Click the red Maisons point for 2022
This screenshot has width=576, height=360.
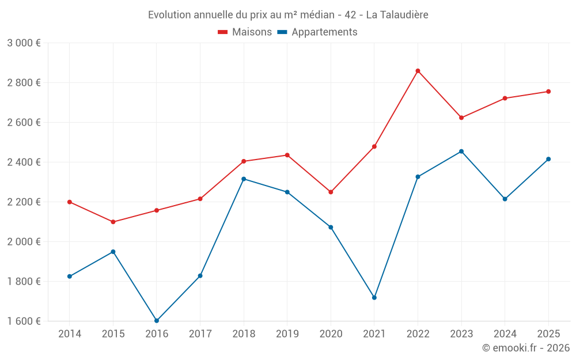pos(418,71)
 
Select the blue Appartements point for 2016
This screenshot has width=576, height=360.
pos(157,320)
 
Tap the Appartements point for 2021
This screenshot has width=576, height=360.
pos(374,298)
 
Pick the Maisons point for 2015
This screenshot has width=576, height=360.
pos(113,222)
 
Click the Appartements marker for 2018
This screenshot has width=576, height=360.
pos(244,179)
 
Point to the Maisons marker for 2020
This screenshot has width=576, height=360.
pos(331,192)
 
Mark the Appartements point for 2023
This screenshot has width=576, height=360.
pos(461,151)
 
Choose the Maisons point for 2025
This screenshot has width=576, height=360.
pos(548,92)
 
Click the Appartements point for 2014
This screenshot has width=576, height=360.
pos(70,276)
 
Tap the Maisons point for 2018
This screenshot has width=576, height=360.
pos(244,161)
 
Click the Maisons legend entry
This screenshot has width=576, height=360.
pos(245,32)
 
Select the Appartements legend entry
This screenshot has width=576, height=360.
pos(317,32)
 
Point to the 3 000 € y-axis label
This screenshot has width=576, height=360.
pos(24,43)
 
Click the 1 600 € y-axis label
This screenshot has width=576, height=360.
pos(24,321)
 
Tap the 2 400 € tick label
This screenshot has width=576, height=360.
pos(24,162)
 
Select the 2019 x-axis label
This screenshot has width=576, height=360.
pos(287,334)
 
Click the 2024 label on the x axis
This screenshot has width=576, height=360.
pos(505,334)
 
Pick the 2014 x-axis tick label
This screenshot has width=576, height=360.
pos(70,334)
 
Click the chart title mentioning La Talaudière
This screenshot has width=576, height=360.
pos(288,14)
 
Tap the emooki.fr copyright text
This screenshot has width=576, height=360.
pos(526,348)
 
